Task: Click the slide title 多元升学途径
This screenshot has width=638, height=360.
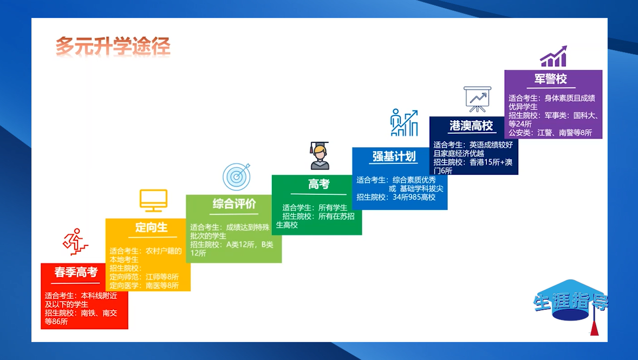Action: click(x=113, y=45)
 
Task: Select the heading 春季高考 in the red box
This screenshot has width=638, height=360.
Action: click(x=76, y=272)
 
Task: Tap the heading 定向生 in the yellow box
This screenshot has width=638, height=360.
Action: click(x=151, y=227)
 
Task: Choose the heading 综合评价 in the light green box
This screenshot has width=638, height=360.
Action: click(x=234, y=204)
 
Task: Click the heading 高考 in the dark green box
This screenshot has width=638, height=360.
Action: click(x=318, y=184)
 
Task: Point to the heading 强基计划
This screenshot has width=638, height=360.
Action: click(x=394, y=156)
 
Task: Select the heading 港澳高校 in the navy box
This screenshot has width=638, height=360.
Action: click(x=471, y=125)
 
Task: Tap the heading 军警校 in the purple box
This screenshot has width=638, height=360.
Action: click(x=550, y=78)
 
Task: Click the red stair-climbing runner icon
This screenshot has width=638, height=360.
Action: click(x=75, y=241)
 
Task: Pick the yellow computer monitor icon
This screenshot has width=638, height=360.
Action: click(x=153, y=200)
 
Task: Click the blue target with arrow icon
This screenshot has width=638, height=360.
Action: click(x=236, y=176)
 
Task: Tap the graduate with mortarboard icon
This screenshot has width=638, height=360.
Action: click(x=320, y=155)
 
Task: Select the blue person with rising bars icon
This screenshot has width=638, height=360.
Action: click(x=404, y=122)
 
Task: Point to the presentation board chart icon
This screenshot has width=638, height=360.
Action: click(x=477, y=99)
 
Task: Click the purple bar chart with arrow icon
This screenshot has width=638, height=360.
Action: click(x=554, y=56)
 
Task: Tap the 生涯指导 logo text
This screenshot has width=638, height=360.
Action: click(x=571, y=302)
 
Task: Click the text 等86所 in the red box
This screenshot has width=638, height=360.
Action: click(x=56, y=322)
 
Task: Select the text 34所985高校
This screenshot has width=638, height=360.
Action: click(x=414, y=197)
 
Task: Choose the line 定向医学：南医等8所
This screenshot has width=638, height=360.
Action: click(x=144, y=285)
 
